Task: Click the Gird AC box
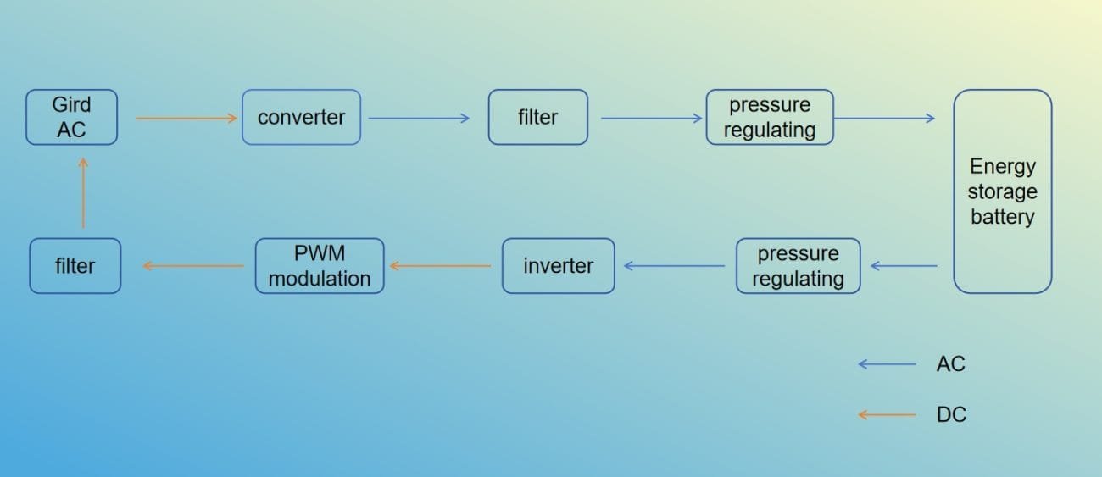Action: pos(71,117)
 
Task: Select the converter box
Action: pos(301,117)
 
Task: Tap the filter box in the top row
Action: pos(537,117)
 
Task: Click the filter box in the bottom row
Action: pos(75,266)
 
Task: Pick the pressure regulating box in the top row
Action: pos(770,117)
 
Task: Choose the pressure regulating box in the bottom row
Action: pos(798,266)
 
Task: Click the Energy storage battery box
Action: pos(1002,191)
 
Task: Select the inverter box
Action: pos(558,266)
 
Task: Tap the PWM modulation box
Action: pos(320,266)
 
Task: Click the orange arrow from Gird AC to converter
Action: pos(186,119)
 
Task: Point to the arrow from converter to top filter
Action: pos(419,119)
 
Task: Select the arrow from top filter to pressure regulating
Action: pos(652,119)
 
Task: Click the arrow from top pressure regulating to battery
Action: pos(884,119)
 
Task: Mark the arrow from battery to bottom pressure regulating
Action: pos(904,266)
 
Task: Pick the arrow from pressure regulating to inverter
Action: pos(674,266)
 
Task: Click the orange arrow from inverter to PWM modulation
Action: pos(440,266)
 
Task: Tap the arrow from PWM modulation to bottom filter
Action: pos(193,266)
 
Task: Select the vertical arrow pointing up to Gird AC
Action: pos(83,192)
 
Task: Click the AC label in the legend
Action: pos(950,364)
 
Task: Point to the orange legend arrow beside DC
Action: pos(887,415)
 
